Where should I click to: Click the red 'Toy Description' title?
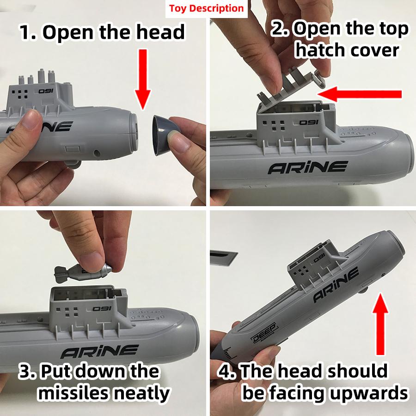[206, 8]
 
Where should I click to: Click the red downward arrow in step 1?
[143, 76]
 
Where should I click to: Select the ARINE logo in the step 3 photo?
[99, 352]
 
